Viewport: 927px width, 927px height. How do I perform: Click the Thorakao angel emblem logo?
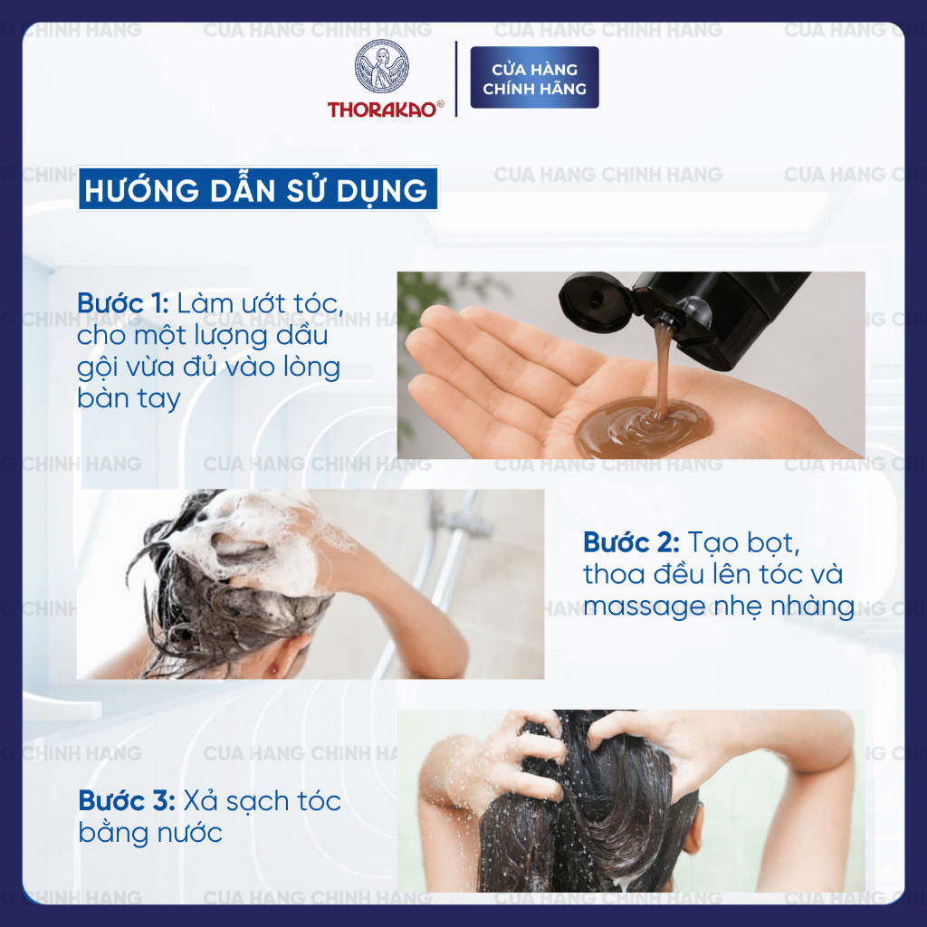(381, 66)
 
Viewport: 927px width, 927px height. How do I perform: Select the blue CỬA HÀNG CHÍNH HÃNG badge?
(534, 78)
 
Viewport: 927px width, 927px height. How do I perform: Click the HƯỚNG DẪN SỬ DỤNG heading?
(258, 188)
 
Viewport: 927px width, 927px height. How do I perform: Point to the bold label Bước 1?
(123, 303)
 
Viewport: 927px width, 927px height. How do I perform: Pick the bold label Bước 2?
(631, 542)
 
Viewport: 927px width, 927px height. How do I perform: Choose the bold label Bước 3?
(127, 801)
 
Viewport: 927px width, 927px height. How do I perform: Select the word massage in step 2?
(645, 607)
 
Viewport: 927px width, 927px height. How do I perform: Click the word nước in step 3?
(190, 833)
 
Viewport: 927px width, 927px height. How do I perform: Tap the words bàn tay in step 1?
(129, 398)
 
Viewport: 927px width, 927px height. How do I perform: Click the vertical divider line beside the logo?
(456, 78)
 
